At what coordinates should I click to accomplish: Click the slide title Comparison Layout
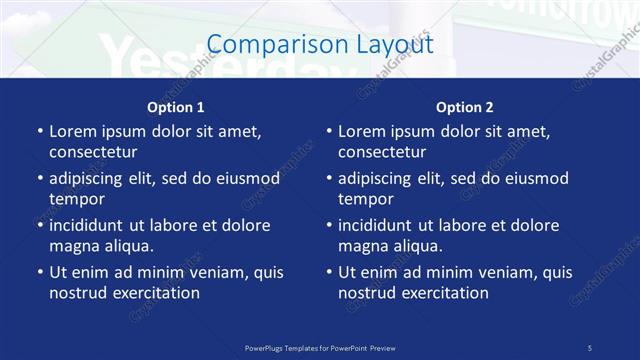click(x=320, y=44)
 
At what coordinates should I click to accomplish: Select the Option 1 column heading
click(x=176, y=107)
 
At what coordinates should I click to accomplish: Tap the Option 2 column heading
click(x=464, y=107)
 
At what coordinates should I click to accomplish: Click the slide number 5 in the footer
click(x=589, y=347)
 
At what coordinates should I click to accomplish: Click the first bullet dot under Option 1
click(x=40, y=132)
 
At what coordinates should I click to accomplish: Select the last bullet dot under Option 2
click(x=329, y=273)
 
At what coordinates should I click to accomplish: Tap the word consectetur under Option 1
click(x=93, y=152)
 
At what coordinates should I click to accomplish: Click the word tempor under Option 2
click(x=367, y=199)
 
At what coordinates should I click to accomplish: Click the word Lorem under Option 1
click(x=73, y=131)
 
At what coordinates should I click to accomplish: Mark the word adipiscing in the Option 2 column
click(x=377, y=178)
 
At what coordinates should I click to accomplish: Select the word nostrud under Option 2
click(x=368, y=293)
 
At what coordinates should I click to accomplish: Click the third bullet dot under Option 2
click(x=329, y=226)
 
